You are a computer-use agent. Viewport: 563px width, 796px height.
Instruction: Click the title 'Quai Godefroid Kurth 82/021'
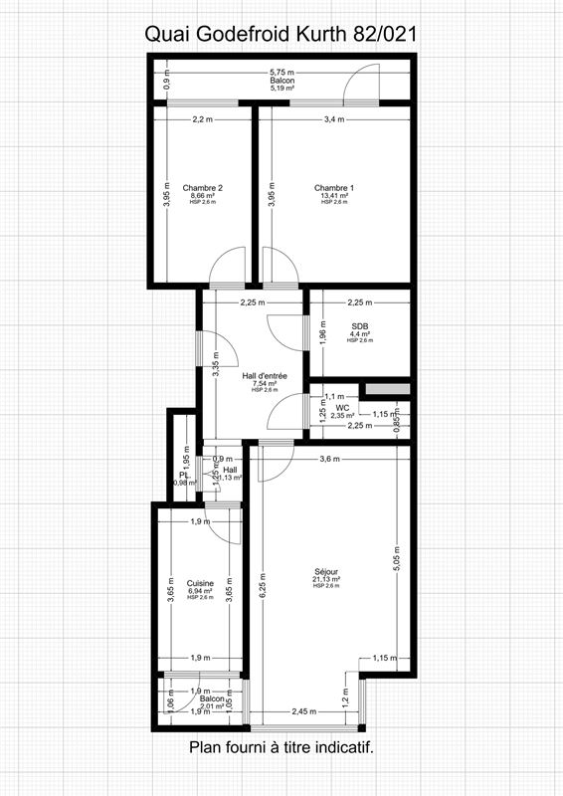pos(281,34)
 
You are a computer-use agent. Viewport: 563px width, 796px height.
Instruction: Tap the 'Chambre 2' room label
pos(203,187)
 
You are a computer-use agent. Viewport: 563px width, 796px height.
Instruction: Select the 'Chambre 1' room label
pos(333,187)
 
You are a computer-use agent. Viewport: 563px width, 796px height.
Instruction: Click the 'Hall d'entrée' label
pos(266,375)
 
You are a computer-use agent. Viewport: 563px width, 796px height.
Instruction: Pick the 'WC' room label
pos(342,407)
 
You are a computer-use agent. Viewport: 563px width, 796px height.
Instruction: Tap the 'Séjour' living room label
pos(326,571)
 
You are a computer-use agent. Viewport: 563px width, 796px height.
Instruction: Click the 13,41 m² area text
pos(333,195)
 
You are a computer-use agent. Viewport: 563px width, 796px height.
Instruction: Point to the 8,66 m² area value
pos(203,195)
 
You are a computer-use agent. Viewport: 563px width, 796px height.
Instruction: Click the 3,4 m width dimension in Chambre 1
pos(334,119)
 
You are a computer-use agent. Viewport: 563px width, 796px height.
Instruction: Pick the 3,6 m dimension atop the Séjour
pos(328,459)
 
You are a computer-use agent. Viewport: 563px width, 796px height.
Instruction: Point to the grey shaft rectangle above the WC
pos(387,388)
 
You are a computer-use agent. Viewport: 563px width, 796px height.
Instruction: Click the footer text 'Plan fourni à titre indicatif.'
pos(281,747)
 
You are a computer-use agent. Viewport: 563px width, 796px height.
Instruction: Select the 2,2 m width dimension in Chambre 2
pos(203,119)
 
